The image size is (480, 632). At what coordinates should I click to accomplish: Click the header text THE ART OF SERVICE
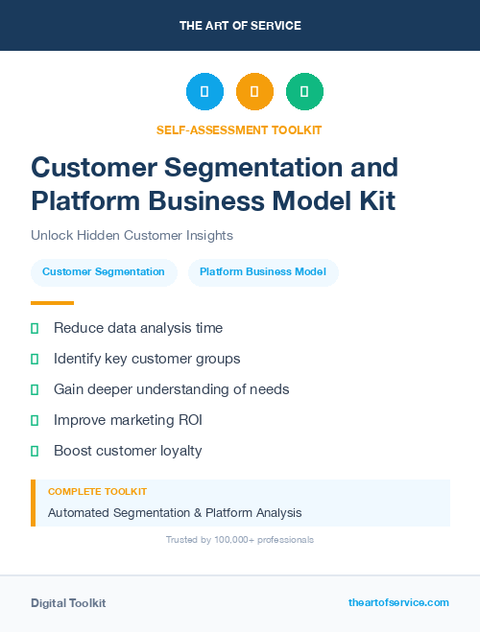click(x=240, y=26)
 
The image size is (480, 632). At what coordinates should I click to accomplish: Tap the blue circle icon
click(x=204, y=92)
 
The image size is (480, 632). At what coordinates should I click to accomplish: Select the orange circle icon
click(x=254, y=92)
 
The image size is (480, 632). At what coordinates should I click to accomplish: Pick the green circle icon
click(x=304, y=92)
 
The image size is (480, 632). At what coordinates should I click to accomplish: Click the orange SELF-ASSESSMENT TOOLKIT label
click(x=239, y=129)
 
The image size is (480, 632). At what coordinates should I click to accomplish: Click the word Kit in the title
click(x=372, y=201)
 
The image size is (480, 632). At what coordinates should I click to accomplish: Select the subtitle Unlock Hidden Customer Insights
click(x=132, y=235)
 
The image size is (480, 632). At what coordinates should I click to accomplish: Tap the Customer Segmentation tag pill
click(x=104, y=272)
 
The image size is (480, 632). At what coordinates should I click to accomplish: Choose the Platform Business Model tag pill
click(x=263, y=272)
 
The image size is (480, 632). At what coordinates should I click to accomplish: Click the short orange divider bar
click(x=52, y=302)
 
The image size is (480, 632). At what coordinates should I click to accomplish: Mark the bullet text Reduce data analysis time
click(x=138, y=328)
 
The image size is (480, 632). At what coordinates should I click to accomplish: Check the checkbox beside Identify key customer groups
click(x=35, y=359)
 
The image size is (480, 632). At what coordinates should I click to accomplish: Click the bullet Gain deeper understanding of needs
click(x=171, y=389)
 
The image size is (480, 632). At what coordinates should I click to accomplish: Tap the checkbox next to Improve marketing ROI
click(x=35, y=420)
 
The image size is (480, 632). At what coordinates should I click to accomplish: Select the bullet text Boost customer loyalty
click(x=128, y=451)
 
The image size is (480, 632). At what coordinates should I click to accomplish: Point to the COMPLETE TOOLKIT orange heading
click(x=97, y=492)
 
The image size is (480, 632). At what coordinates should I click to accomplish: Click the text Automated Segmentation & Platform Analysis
click(x=175, y=513)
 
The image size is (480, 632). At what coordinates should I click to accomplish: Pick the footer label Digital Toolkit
click(x=68, y=603)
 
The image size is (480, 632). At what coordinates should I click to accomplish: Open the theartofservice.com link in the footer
click(x=398, y=602)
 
